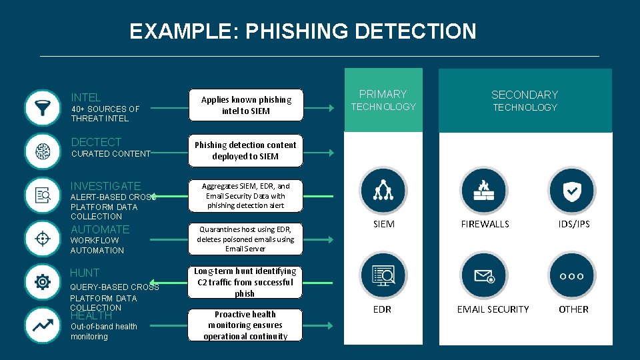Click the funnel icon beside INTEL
[42, 108]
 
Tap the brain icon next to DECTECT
[42, 151]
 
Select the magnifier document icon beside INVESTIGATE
[42, 195]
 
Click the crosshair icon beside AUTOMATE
[42, 239]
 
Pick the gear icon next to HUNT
[42, 282]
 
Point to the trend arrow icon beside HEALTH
[42, 325]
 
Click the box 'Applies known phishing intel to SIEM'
[246, 105]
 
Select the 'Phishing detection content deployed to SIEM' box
[246, 151]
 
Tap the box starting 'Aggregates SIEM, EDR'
[246, 196]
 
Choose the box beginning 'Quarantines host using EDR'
[246, 239]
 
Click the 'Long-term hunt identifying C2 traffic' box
[246, 282]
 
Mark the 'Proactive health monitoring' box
[246, 325]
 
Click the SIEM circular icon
[383, 191]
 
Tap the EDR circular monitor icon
[383, 275]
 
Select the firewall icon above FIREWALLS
[485, 191]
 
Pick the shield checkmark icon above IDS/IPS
[571, 191]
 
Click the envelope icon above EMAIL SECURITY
[485, 275]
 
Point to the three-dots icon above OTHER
[571, 275]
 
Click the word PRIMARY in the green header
[383, 94]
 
